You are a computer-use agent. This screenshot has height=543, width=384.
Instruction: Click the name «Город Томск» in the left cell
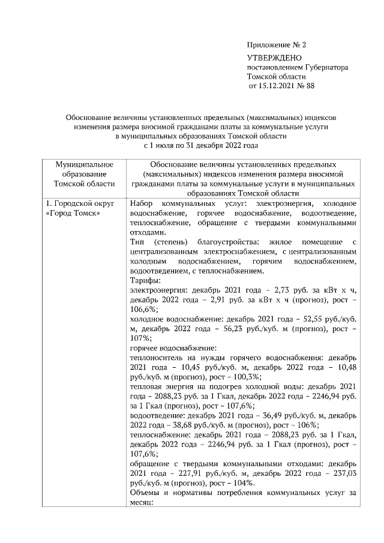click(73, 215)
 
